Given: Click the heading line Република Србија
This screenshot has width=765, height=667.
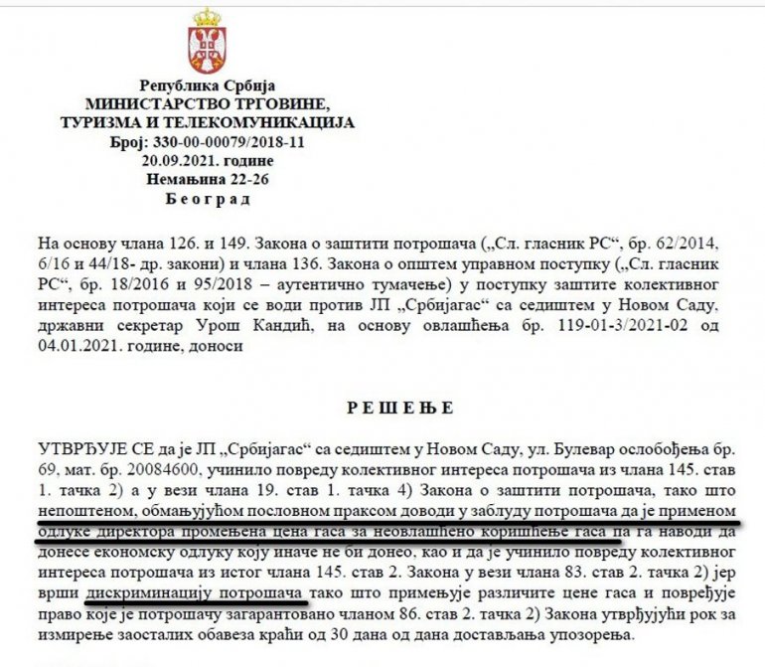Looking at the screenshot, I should point(207,86).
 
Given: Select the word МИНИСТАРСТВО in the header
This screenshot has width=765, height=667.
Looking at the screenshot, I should point(143,104).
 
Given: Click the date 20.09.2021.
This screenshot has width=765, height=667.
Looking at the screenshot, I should point(175,160).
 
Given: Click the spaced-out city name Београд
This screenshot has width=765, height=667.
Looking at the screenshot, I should point(207,199).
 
